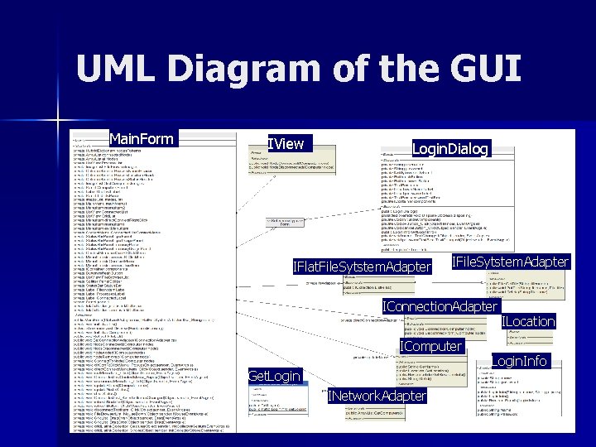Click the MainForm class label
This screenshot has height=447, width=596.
[x=142, y=138]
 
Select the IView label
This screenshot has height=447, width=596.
[x=286, y=144]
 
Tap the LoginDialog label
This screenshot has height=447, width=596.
[x=451, y=149]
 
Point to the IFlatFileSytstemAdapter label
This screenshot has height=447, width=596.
[x=363, y=267]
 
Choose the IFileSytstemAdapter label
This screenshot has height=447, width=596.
[x=511, y=262]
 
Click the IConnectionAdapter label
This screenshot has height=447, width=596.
[x=440, y=307]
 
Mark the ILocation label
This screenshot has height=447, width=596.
[x=528, y=321]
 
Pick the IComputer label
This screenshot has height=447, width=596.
[x=431, y=346]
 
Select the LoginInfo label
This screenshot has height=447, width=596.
[x=519, y=361]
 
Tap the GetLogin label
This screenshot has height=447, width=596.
[x=274, y=377]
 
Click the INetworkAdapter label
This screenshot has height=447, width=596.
[x=377, y=397]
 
